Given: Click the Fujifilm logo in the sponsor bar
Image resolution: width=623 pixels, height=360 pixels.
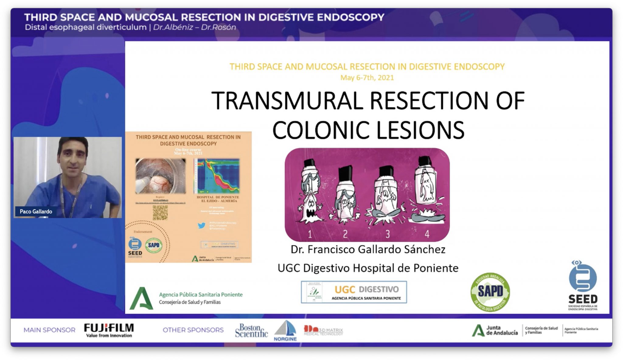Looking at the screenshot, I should (x=109, y=330).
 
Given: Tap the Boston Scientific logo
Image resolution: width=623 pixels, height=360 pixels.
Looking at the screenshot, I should (x=251, y=331).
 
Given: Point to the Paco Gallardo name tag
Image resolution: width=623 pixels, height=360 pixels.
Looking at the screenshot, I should (x=36, y=211).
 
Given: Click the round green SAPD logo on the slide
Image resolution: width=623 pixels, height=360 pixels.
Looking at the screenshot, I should (x=490, y=292).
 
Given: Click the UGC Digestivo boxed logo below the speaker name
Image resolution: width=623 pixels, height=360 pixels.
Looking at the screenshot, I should (x=354, y=292).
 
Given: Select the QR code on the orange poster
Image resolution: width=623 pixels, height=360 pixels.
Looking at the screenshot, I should (x=160, y=213).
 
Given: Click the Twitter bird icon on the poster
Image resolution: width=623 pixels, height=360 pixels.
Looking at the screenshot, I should (x=201, y=225).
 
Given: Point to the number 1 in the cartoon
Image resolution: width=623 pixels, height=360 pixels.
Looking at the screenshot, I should (x=310, y=234).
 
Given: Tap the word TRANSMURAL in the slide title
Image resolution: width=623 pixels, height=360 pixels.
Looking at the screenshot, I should (x=287, y=101).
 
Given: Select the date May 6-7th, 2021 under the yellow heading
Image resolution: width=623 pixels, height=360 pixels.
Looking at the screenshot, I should (x=367, y=78).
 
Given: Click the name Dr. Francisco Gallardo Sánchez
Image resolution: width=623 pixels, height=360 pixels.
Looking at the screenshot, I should (x=368, y=250).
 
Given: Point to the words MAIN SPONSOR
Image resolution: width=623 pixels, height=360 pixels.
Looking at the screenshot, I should (x=50, y=330).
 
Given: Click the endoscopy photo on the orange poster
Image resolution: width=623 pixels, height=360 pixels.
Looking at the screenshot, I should (x=160, y=176).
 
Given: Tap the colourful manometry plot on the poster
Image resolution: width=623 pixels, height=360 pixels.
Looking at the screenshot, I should (x=217, y=176).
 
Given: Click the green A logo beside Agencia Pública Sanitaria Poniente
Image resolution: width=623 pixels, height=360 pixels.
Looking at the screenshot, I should (x=141, y=299).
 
